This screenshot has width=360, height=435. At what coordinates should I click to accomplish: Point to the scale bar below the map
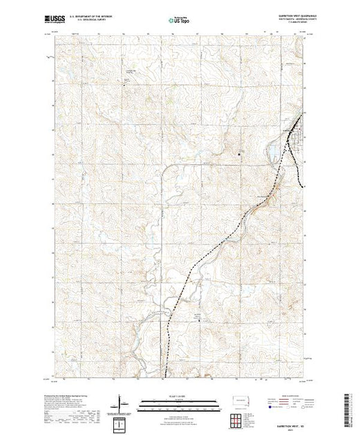click(180, 400)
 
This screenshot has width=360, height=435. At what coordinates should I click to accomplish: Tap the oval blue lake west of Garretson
click(274, 148)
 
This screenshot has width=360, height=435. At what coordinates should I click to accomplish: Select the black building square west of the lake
click(240, 153)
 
